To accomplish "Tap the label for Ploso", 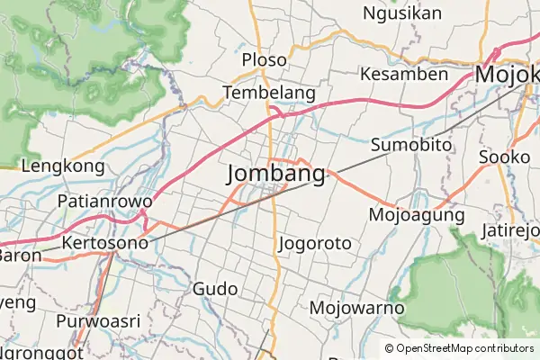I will (x=265, y=60).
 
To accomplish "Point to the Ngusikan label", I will (x=402, y=13).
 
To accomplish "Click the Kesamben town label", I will (x=403, y=74).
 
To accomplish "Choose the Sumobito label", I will (x=409, y=145).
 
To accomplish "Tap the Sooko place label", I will (x=505, y=157).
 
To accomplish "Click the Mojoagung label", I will (x=417, y=215).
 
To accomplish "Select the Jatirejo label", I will (x=510, y=232).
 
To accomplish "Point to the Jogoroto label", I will (x=315, y=243).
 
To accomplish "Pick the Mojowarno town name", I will (x=356, y=308).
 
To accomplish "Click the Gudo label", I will (x=215, y=289).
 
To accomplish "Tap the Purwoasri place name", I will (x=99, y=321).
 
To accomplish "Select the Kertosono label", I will (x=105, y=243).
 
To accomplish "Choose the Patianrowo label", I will (x=103, y=200).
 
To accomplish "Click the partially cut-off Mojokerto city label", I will (x=508, y=75).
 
